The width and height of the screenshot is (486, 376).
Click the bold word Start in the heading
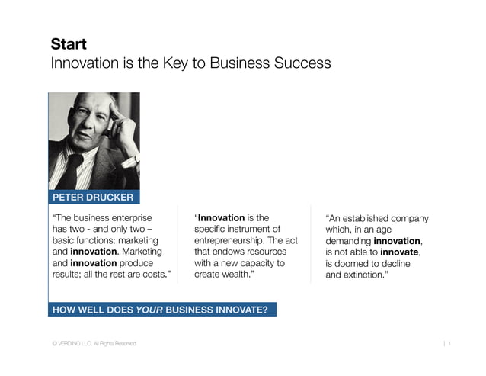pos(69,43)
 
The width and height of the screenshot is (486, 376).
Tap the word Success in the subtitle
pos(299,63)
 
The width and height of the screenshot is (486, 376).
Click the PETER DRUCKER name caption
pos(92,198)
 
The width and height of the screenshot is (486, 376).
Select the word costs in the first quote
pos(152,275)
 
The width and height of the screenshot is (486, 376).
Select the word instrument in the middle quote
pos(255,229)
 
